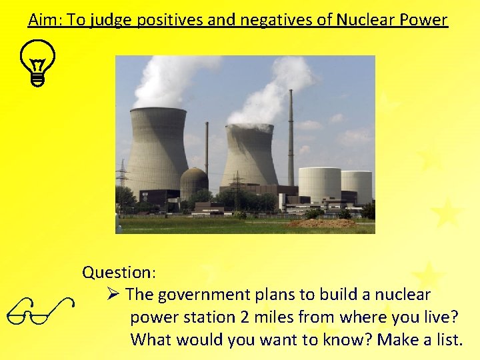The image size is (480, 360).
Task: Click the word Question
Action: click(x=119, y=272)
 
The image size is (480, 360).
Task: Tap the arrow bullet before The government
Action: click(x=113, y=294)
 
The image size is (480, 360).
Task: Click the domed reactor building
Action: click(x=194, y=183)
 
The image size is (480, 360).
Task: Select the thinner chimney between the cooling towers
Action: click(x=207, y=150)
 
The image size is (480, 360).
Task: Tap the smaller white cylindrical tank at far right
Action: click(x=357, y=186)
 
